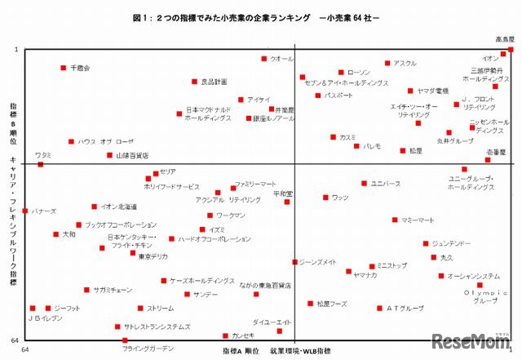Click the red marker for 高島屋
point(511,50)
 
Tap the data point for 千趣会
point(64,68)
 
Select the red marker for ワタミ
point(41,165)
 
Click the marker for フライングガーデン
point(125,340)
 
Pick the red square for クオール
point(264,59)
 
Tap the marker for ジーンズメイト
point(294,262)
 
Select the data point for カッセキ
point(226,336)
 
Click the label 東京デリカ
point(153,256)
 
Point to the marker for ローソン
point(341,72)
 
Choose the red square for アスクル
point(387,64)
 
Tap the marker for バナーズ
point(25,211)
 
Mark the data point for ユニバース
point(364,184)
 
